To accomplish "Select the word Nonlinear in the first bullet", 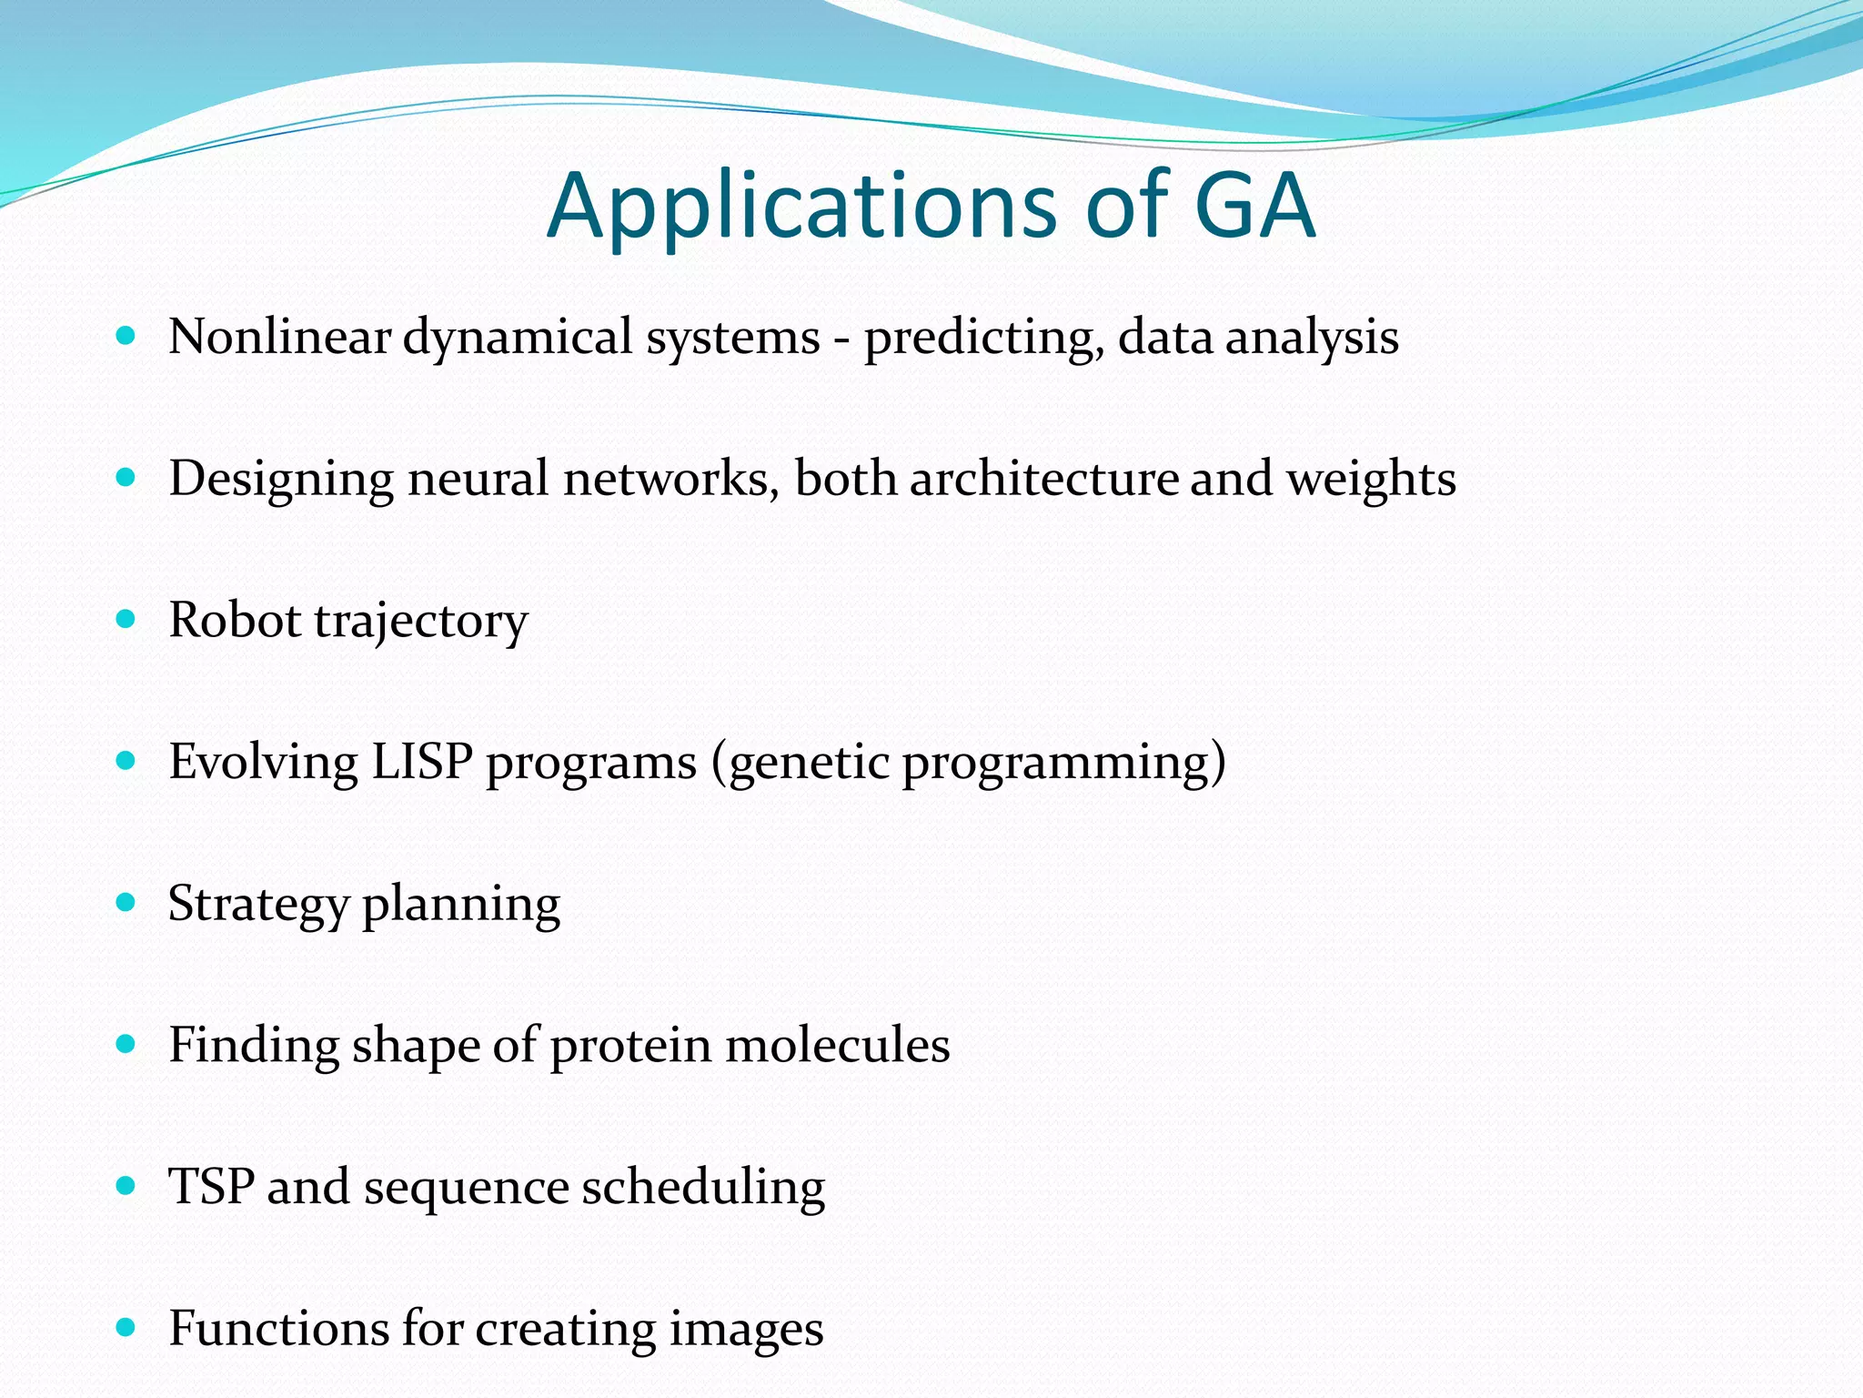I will pos(279,337).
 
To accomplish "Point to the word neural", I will pos(478,479).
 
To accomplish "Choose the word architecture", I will pos(1043,479).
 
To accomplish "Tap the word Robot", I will pos(235,621).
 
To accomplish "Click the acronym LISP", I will pos(421,762).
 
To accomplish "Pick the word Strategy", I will pos(258,905).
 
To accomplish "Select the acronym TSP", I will pos(211,1187).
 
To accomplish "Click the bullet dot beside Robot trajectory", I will pos(126,620).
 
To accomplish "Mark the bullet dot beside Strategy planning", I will pos(126,903).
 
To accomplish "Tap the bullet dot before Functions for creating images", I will pos(126,1327).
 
